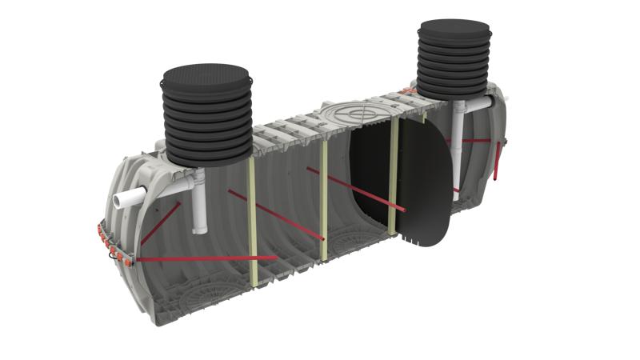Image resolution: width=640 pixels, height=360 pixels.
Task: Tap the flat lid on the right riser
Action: pos(454,30)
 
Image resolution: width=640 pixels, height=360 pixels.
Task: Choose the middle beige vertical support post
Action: pos(323,200)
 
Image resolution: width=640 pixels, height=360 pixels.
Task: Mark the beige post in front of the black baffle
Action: pos(393,176)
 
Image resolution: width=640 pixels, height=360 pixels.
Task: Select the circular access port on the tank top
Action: pos(352,111)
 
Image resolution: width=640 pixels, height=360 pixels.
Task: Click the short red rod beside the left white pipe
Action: pos(160,224)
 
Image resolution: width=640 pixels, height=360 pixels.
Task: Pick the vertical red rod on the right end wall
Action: pos(498,160)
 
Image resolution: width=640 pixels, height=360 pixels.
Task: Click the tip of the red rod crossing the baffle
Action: pos(404,211)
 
